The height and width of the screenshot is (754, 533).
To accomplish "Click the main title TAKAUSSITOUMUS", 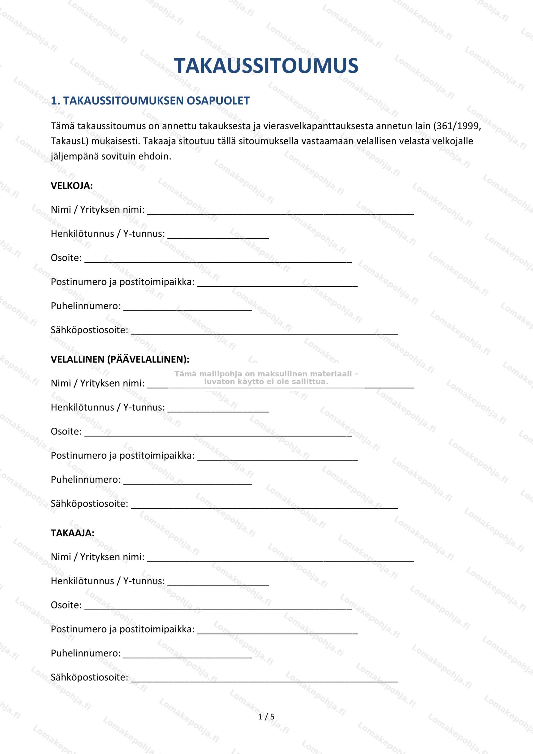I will pyautogui.click(x=266, y=66).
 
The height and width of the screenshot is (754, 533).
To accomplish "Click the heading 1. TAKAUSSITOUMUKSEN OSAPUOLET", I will pyautogui.click(x=150, y=100).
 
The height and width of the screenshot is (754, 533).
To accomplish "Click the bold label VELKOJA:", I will pyautogui.click(x=72, y=186).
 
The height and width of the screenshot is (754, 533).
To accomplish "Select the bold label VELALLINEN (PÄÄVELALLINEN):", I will pyautogui.click(x=120, y=359).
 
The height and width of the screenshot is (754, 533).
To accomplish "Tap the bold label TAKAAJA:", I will pyautogui.click(x=72, y=533).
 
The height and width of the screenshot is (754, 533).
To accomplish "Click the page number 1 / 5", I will pyautogui.click(x=266, y=717).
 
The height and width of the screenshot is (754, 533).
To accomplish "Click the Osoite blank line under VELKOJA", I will pyautogui.click(x=218, y=259).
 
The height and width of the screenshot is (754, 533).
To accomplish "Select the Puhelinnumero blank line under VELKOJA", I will pyautogui.click(x=187, y=308).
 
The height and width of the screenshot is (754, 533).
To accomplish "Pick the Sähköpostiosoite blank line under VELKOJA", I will pyautogui.click(x=264, y=332).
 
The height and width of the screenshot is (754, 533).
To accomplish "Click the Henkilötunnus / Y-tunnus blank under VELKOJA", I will pyautogui.click(x=218, y=235).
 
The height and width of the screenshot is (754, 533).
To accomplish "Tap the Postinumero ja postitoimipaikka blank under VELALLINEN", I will pyautogui.click(x=277, y=457).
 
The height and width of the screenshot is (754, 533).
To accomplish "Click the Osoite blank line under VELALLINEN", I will pyautogui.click(x=218, y=433).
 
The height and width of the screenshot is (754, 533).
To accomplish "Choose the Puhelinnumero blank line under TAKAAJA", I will pyautogui.click(x=187, y=655).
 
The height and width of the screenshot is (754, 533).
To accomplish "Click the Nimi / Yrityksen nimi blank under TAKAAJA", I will pyautogui.click(x=280, y=559).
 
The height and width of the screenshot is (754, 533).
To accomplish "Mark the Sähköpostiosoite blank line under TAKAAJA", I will pyautogui.click(x=264, y=679).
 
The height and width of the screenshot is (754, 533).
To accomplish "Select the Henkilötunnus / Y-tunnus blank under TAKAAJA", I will pyautogui.click(x=218, y=583).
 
